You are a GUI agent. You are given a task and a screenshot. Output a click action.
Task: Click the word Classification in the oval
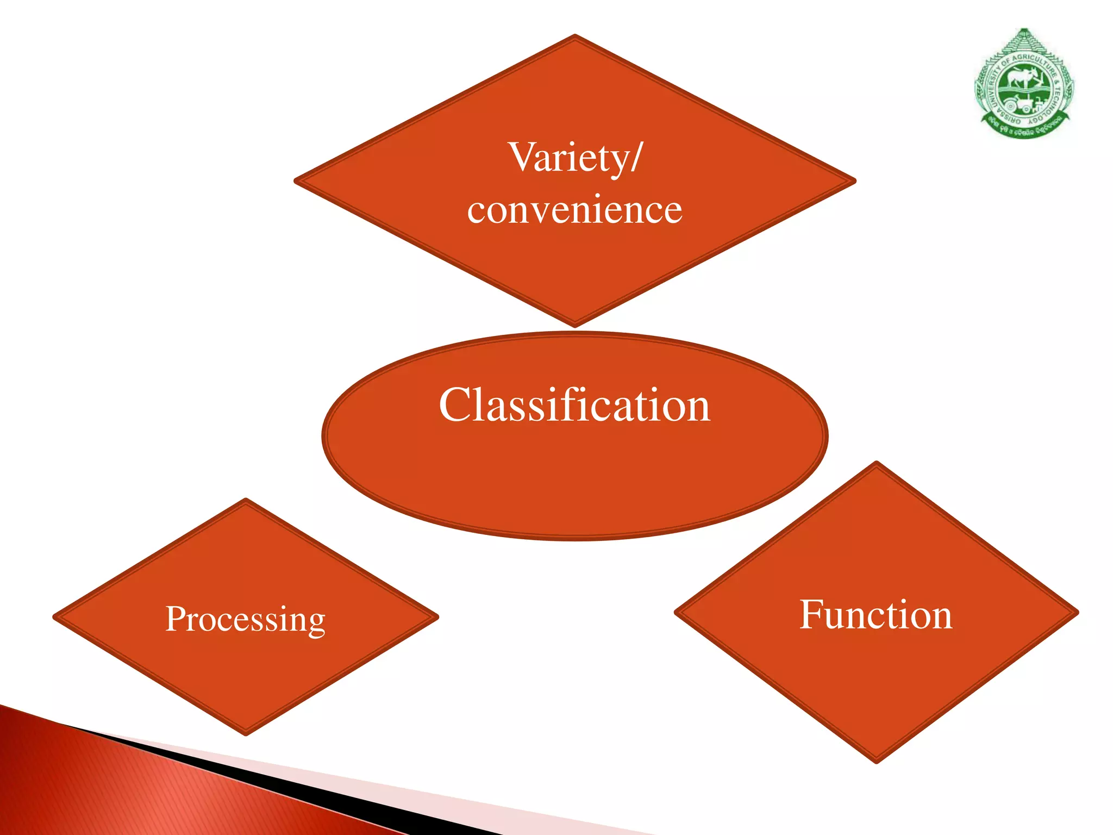[x=574, y=405]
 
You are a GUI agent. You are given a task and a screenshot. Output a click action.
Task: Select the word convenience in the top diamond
[x=574, y=210]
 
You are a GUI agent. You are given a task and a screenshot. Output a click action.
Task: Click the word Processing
[x=245, y=619]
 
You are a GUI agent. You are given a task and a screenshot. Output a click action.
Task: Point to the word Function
[x=876, y=615]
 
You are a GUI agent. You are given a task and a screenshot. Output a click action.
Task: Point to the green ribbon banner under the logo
[x=1024, y=129]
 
